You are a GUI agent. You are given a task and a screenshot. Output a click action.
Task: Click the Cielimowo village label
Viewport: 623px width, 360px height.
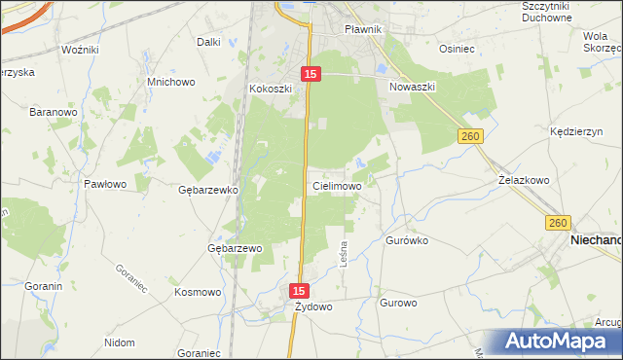(x=338, y=185)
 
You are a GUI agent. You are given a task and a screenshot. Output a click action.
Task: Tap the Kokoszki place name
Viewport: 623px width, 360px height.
(x=271, y=89)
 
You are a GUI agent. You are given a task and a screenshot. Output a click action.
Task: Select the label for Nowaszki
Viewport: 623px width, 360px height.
(x=412, y=87)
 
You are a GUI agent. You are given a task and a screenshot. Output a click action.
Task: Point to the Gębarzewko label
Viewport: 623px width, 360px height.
(x=208, y=190)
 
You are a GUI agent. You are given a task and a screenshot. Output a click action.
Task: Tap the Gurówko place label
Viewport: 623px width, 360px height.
(x=408, y=239)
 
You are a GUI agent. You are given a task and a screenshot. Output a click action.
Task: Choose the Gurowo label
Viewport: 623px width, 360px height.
(x=399, y=303)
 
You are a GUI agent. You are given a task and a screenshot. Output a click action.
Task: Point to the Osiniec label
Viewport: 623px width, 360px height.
(x=457, y=48)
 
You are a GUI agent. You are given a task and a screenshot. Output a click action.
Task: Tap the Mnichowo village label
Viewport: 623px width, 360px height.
(x=170, y=83)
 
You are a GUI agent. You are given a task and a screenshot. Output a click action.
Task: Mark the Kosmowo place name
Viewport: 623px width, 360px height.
(x=198, y=291)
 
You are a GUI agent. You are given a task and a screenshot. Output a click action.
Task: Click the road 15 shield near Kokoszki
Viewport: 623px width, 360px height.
(x=310, y=73)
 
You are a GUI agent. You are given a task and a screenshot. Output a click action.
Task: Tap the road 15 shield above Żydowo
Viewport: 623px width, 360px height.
(x=300, y=291)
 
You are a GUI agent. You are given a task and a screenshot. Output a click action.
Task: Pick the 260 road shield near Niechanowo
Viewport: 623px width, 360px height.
(x=557, y=223)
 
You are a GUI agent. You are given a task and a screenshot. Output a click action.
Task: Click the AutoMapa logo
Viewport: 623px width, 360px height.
(x=563, y=341)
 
